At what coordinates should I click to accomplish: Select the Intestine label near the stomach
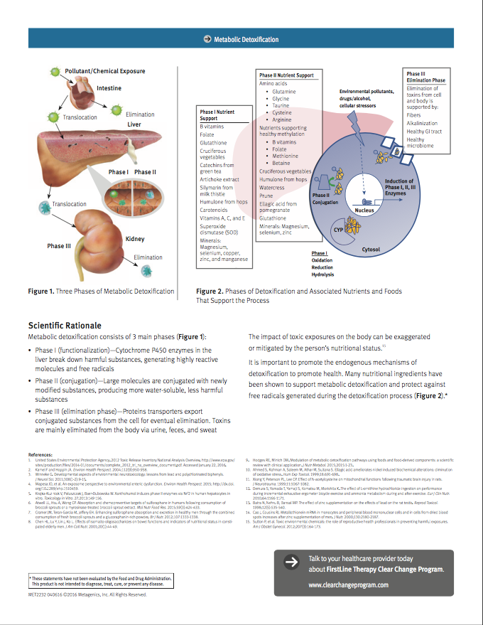109,88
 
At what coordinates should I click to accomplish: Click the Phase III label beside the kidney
60,246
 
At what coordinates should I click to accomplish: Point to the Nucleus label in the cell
364,210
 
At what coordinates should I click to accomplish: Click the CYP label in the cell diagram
339,230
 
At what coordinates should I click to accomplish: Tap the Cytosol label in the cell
371,250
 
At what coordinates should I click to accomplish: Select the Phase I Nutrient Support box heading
216,115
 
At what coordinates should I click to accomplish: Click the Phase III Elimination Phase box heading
425,78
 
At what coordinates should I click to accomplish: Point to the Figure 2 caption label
212,292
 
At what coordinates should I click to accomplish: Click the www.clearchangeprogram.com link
349,585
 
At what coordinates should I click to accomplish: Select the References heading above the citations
44,454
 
